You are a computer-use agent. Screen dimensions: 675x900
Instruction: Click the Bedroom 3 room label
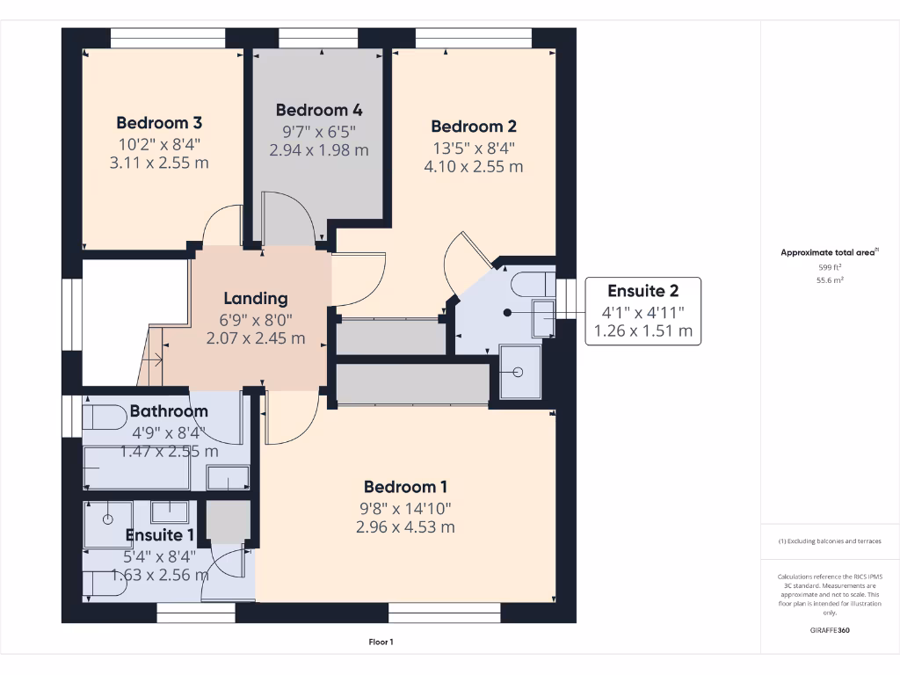pos(159,122)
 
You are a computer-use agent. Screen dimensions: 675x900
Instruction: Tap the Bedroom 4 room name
pos(319,110)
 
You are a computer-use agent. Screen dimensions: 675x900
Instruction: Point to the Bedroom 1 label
pos(405,487)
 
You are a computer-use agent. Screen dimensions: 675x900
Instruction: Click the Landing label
pos(255,298)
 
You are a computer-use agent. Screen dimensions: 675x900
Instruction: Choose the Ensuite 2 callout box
pos(643,311)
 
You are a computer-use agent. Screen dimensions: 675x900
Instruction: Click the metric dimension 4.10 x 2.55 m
pos(473,166)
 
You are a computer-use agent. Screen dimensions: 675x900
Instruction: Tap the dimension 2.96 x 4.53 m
pos(405,527)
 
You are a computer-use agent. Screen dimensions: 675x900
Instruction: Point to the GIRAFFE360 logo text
pos(829,630)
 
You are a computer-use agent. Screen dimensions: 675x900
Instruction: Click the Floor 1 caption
pos(381,642)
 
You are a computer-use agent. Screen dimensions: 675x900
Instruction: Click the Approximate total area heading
pos(829,252)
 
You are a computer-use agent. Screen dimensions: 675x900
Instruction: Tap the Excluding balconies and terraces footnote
pos(829,541)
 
